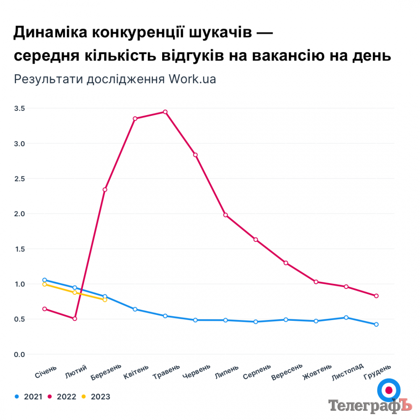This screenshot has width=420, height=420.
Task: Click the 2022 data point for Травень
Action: click(165, 112)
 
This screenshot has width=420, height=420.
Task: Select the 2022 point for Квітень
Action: click(135, 118)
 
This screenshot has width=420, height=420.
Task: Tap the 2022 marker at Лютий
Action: click(75, 319)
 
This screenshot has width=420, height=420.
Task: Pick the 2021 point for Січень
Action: click(45, 280)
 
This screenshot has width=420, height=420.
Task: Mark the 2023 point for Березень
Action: click(105, 300)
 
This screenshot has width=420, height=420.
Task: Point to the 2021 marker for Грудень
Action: click(376, 324)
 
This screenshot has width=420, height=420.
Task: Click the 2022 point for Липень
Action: click(226, 215)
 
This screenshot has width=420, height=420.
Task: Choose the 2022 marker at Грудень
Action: click(376, 296)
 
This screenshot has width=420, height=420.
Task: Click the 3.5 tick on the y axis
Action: click(19, 108)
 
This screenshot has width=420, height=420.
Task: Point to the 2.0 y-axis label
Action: click(19, 214)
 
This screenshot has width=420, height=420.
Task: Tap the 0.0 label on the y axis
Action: click(19, 354)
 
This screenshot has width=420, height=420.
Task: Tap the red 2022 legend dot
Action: click(50, 396)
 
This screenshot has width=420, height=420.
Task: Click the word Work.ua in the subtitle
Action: click(193, 79)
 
